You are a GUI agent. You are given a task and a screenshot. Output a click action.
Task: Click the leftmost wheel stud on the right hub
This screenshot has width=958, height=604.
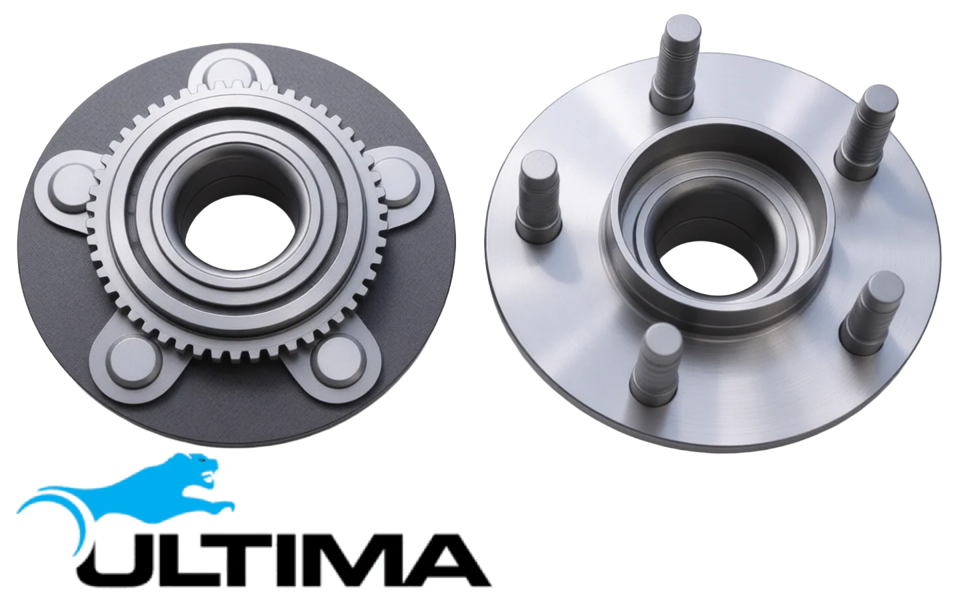click(538, 197)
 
